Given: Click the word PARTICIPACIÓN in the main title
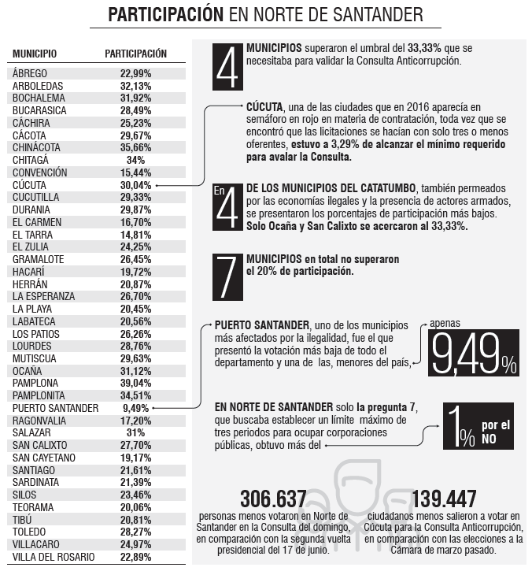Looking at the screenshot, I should tap(165, 15).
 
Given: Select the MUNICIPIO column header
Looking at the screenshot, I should tap(35, 54).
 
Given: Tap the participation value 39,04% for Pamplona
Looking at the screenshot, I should tap(135, 382).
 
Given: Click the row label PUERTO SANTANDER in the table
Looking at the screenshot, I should tap(55, 408).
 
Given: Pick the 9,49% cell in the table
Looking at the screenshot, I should tap(135, 408).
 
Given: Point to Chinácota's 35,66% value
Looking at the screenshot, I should tap(135, 147).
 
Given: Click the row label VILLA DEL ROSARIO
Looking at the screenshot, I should tap(54, 557).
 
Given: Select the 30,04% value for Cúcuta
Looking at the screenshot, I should tap(135, 185).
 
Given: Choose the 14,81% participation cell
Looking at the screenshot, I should tap(135, 234).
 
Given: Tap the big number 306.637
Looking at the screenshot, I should tap(273, 499).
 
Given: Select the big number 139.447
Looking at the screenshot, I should tap(444, 499).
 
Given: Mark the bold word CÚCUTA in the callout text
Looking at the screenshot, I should tap(264, 107).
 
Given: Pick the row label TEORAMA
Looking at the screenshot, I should tap(34, 507).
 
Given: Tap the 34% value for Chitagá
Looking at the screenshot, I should tap(135, 160).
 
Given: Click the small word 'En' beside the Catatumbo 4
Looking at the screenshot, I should tap(220, 190).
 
